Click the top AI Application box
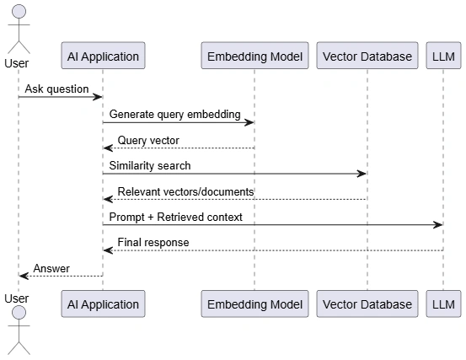click(103, 56)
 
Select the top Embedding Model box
click(254, 56)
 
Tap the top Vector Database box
click(367, 56)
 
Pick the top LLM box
click(443, 56)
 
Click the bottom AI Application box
click(103, 304)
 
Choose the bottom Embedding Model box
click(254, 304)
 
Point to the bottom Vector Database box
click(367, 304)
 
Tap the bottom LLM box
click(443, 304)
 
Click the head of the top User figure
click(19, 12)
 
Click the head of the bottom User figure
click(19, 313)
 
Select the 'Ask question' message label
click(56, 89)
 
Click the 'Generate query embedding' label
click(174, 115)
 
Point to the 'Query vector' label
click(148, 140)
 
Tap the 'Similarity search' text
click(150, 165)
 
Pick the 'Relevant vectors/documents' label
click(185, 191)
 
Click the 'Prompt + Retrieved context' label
click(175, 217)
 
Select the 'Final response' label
click(153, 242)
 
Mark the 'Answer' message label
click(51, 268)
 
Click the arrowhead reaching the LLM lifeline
click(438, 225)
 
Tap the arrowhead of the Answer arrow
click(24, 277)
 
